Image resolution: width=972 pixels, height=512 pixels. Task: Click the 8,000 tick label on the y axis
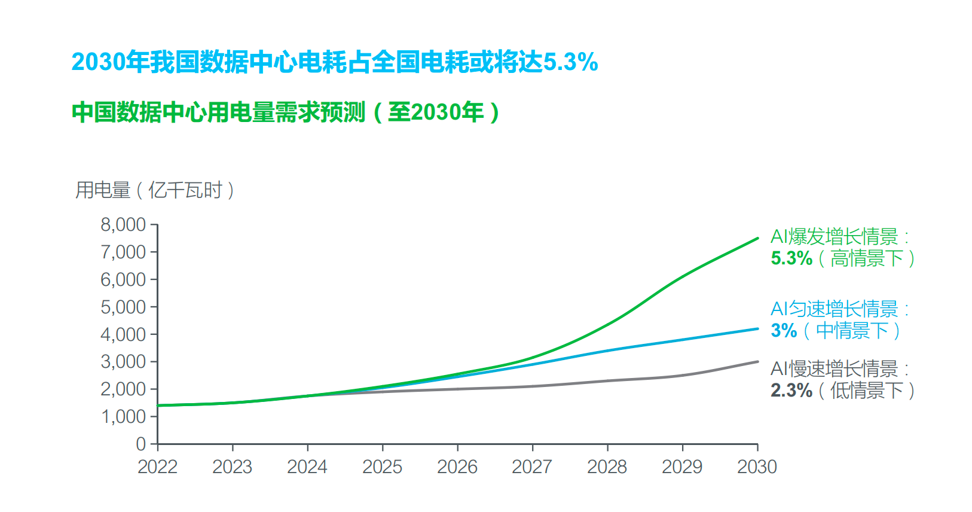[x=123, y=225]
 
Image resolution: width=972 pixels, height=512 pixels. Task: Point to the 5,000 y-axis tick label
[x=123, y=307]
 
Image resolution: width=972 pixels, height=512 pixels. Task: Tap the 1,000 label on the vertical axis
[x=123, y=417]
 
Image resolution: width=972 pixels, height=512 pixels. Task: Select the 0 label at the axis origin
[x=141, y=444]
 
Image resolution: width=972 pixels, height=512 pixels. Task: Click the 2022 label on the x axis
[x=157, y=467]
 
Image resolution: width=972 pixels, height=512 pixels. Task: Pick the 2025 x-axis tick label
[x=382, y=467]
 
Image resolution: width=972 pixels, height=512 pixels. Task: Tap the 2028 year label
[x=607, y=467]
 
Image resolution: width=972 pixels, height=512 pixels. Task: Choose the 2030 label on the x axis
[x=757, y=467]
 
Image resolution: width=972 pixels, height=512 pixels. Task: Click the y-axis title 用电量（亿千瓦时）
[x=155, y=190]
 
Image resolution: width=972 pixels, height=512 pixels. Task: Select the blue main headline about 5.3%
[x=335, y=62]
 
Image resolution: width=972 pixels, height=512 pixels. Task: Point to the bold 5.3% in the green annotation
[x=791, y=258]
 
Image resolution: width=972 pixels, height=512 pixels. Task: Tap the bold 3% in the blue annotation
[x=784, y=331]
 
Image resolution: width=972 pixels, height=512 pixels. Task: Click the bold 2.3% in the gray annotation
[x=791, y=391]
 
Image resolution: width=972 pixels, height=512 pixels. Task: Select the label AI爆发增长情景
[x=835, y=237]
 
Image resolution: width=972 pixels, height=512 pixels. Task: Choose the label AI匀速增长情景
[x=835, y=309]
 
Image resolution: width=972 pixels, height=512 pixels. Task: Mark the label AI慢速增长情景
[x=835, y=368]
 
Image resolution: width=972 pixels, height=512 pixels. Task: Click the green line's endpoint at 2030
[x=757, y=239]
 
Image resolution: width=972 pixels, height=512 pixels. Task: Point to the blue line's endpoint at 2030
[x=757, y=328]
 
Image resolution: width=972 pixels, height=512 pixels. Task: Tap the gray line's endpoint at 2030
[x=757, y=362]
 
